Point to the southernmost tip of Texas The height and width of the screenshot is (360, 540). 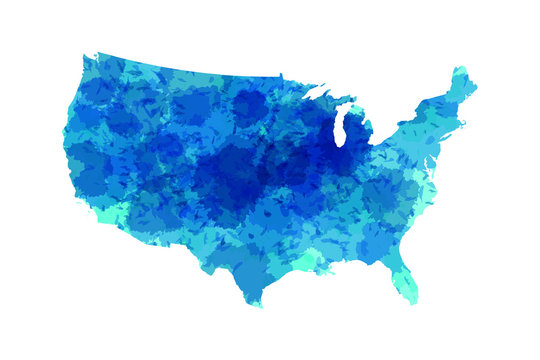[x=257, y=302]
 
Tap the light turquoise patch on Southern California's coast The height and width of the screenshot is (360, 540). [x=100, y=209]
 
